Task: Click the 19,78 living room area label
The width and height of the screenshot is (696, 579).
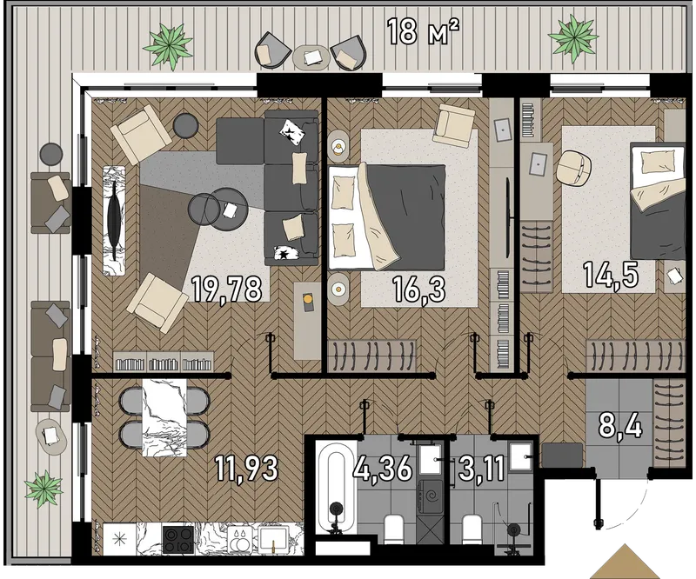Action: [x=226, y=289]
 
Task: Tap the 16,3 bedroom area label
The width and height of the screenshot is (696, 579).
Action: [x=418, y=289]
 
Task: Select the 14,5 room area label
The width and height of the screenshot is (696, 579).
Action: [x=611, y=275]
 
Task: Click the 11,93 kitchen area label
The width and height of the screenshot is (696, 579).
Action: [x=246, y=469]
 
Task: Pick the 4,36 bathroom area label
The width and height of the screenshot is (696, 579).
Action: [x=383, y=468]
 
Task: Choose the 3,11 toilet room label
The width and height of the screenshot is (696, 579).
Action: [x=482, y=469]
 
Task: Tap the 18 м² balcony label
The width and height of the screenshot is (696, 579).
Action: [x=423, y=31]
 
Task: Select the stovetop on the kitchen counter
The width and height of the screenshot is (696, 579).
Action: [x=178, y=539]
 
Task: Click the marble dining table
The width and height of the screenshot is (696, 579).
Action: [x=164, y=417]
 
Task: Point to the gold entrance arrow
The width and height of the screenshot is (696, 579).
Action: [x=625, y=562]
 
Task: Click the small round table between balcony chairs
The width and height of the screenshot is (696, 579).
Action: [x=311, y=57]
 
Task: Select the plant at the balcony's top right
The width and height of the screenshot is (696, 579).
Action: [x=572, y=37]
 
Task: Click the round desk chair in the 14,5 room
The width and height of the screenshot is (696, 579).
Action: [x=573, y=168]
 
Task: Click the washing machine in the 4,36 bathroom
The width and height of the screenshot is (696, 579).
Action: [x=429, y=497]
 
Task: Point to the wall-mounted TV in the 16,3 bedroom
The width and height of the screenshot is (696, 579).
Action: [x=508, y=217]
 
